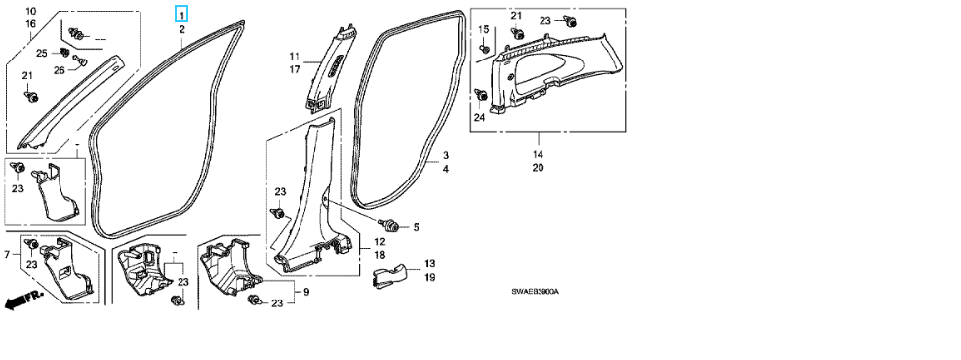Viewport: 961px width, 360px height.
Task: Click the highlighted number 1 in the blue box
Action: [x=182, y=14]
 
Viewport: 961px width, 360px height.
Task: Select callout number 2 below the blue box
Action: [x=182, y=30]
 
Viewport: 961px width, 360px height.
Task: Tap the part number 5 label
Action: [x=416, y=227]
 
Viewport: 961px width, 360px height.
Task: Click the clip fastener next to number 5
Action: [x=389, y=226]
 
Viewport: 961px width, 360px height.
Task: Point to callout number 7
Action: [x=7, y=254]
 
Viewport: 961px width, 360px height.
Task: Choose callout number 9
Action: [x=305, y=292]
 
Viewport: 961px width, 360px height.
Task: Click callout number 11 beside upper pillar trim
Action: [x=295, y=57]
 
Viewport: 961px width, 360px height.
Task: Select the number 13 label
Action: [x=429, y=264]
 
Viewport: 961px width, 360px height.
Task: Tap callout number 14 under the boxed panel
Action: [x=538, y=154]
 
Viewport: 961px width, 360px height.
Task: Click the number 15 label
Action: [x=484, y=29]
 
